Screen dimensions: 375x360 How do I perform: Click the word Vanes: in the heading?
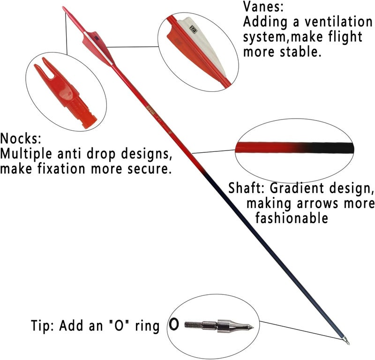[x=263, y=7]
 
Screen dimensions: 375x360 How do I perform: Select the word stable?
[x=300, y=52]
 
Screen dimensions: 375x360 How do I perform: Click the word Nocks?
[x=21, y=138]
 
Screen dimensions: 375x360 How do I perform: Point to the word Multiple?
[x=26, y=154]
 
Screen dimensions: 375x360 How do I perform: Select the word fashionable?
[x=292, y=218]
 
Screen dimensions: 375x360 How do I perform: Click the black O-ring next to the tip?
[x=174, y=324]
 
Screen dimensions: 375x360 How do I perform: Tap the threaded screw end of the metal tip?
[x=194, y=325]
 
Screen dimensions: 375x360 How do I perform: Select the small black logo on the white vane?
[x=193, y=29]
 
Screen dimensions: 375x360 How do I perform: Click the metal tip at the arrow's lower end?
[x=346, y=341]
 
